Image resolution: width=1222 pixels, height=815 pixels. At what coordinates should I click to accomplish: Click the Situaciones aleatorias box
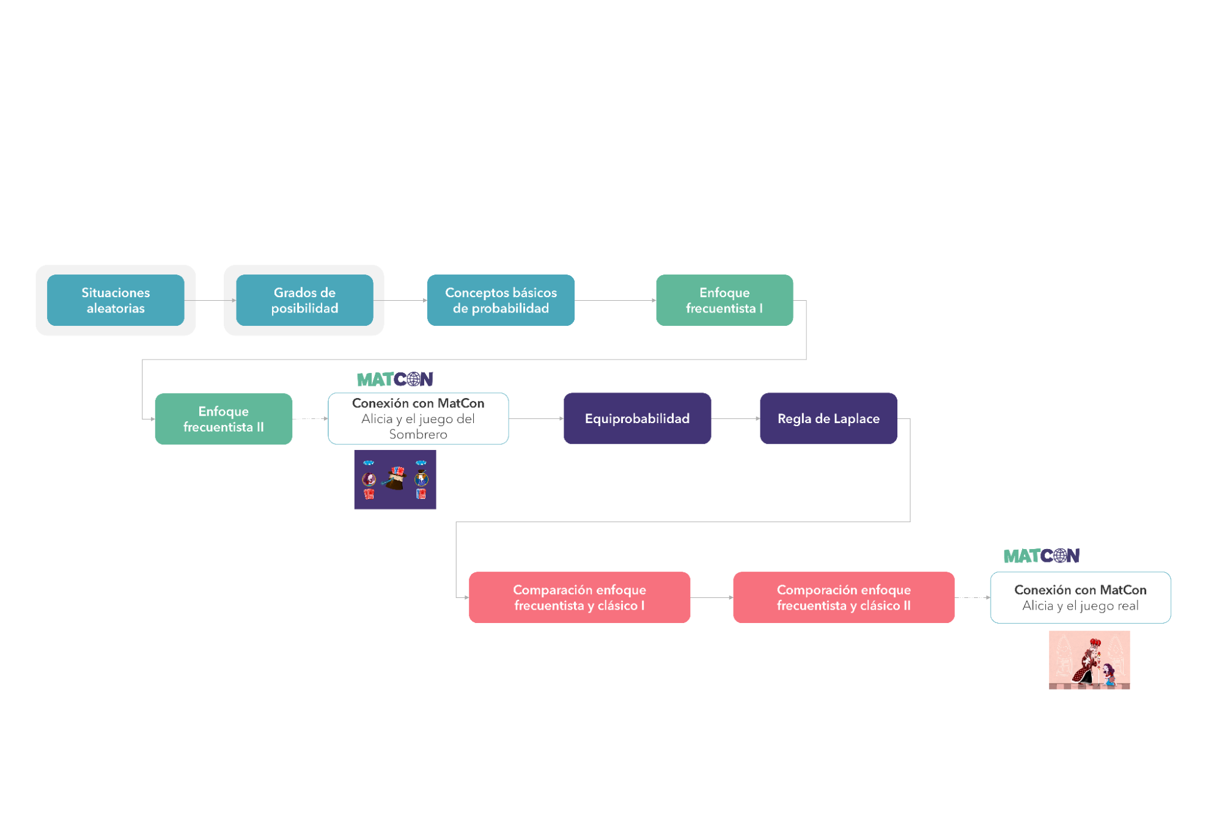coord(116,300)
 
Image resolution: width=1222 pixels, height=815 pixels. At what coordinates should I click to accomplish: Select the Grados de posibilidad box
coord(304,300)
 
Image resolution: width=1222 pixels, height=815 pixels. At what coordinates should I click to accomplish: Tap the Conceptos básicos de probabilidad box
coord(501,300)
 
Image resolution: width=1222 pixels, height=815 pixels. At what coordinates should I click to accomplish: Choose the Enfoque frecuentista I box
coord(724,300)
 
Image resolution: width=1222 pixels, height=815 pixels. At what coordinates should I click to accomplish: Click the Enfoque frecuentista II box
coord(223,419)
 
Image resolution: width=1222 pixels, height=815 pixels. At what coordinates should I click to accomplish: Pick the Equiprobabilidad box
coord(637,419)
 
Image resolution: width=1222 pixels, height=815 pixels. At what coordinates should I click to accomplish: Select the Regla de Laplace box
coord(828,419)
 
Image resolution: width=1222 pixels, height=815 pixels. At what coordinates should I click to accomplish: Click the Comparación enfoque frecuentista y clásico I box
coord(579,597)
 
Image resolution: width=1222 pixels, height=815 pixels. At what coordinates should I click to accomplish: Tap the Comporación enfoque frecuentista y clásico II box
coord(844,597)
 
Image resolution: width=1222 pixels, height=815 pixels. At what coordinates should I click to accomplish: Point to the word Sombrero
coord(418,435)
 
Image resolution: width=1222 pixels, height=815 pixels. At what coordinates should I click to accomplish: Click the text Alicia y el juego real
coord(1080,606)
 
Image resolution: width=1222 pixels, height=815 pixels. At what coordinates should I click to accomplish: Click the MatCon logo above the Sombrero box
coord(395,380)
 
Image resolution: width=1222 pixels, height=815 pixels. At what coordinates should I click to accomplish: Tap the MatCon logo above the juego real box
coord(1042,556)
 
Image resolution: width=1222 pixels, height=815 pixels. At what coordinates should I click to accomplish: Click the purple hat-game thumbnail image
coord(395,479)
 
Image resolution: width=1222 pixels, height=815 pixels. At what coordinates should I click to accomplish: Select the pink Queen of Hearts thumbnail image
coord(1089,660)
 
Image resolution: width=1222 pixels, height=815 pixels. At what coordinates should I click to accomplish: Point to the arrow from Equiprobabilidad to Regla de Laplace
coord(735,419)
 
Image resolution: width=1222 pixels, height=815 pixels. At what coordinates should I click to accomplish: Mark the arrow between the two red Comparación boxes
coord(712,597)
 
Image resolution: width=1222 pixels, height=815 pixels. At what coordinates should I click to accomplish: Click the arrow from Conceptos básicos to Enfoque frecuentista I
coord(615,300)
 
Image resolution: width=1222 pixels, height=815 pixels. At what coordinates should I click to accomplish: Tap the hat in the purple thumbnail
coord(396,478)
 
